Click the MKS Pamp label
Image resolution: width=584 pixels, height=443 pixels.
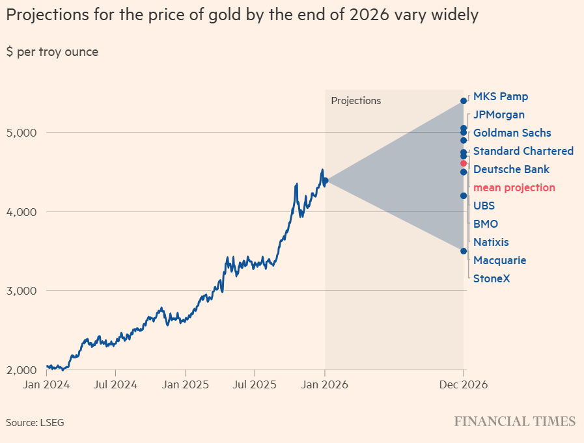click(500, 97)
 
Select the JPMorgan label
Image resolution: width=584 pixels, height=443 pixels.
click(499, 115)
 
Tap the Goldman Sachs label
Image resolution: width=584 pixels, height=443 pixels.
click(512, 133)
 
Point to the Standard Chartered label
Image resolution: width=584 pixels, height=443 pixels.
click(523, 152)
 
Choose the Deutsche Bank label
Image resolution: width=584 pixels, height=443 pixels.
click(511, 170)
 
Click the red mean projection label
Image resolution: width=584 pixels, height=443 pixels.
click(514, 188)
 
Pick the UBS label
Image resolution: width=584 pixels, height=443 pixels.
click(484, 206)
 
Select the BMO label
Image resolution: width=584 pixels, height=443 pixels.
click(485, 224)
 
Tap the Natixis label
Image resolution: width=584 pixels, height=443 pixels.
click(491, 243)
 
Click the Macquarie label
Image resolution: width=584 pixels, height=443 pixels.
click(499, 261)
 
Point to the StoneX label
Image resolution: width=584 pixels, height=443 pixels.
click(492, 279)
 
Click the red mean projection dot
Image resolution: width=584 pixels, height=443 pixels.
click(464, 163)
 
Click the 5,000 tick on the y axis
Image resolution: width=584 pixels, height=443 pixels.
click(23, 133)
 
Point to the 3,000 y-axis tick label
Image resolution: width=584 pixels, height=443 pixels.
click(23, 291)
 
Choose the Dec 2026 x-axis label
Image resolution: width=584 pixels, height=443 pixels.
click(464, 384)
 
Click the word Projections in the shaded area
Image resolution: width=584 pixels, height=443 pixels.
click(355, 101)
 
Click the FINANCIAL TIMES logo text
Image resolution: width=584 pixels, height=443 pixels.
click(514, 422)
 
